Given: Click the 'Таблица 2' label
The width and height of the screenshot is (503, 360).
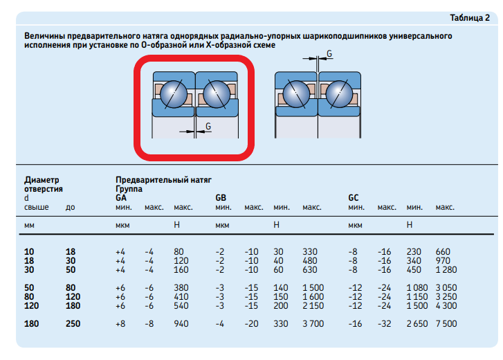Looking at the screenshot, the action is (470, 18).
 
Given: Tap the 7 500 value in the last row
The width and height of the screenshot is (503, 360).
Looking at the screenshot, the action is (446, 324).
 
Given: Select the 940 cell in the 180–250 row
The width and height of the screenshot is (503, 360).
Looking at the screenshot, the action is (181, 324).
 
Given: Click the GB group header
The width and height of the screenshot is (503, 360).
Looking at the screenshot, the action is (221, 197).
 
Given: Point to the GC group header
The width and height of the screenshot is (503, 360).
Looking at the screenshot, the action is (354, 197).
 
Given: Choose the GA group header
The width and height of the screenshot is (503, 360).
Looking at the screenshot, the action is (121, 197).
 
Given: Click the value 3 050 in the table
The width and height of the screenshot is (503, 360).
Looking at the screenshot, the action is (446, 288).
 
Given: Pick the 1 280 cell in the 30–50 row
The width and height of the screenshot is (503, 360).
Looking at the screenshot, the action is (446, 270).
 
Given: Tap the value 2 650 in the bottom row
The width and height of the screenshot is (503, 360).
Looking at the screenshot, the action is (417, 324).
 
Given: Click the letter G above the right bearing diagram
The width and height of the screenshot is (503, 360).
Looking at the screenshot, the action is (329, 53).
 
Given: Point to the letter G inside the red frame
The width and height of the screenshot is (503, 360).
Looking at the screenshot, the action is (208, 127).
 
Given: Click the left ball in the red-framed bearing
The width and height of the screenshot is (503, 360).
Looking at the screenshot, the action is (174, 94).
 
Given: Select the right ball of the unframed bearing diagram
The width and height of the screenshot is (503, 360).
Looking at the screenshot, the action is (339, 94).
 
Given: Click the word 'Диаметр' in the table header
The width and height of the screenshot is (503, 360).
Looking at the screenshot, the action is (42, 180).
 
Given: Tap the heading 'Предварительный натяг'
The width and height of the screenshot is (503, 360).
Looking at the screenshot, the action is (163, 180).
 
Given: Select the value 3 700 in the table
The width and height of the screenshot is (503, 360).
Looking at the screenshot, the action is (313, 324).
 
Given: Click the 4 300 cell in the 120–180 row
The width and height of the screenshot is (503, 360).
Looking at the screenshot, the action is (446, 306).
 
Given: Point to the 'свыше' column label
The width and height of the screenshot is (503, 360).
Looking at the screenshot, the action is (36, 207).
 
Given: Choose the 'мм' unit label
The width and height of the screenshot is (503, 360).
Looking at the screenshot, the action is (29, 226).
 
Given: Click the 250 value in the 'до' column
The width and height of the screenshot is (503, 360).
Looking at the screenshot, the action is (73, 324).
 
